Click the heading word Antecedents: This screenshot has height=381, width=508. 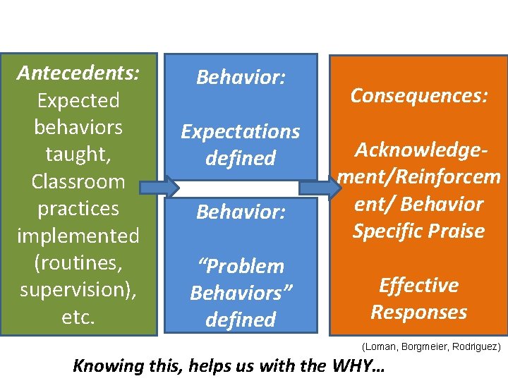coord(78,73)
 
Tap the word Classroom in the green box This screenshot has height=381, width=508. coord(78,181)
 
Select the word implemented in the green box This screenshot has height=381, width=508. coord(78,236)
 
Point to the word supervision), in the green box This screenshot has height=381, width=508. coord(78,290)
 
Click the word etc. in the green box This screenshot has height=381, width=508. coord(78,317)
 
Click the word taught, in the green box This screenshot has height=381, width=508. coord(78,155)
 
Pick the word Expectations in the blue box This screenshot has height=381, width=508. coord(241,131)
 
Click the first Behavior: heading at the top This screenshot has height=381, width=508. coord(241,77)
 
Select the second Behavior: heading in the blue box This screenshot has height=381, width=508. coord(241,212)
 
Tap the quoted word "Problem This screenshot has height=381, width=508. coord(241,266)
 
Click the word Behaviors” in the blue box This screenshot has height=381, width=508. coord(241,293)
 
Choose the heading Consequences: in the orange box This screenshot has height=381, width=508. coord(420,95)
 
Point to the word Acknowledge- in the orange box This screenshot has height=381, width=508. coord(420,150)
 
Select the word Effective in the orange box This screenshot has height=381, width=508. coord(419,285)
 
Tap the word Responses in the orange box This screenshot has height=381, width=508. coord(419,312)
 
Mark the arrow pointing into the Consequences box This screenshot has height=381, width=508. coord(321,188)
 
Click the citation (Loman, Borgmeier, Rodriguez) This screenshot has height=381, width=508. coord(431,347)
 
